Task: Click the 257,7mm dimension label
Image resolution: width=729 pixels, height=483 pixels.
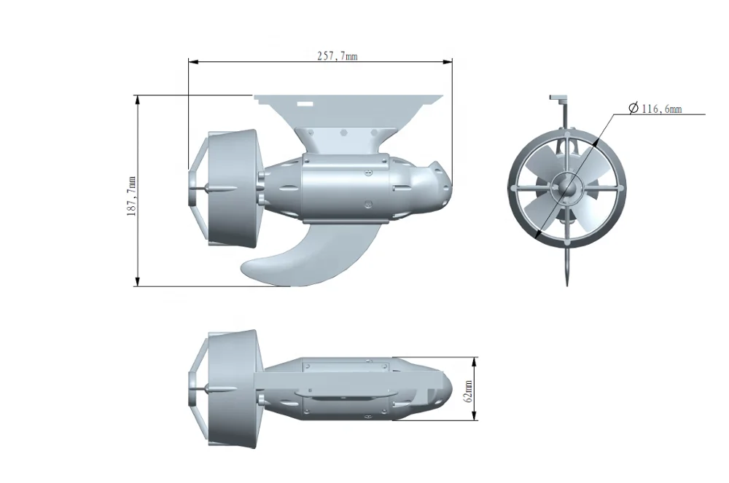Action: (x=337, y=56)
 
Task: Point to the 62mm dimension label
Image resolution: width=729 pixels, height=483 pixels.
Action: (x=469, y=390)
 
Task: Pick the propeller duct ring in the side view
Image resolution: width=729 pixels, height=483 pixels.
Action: (x=234, y=188)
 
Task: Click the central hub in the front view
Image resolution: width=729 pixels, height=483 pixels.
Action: (x=566, y=188)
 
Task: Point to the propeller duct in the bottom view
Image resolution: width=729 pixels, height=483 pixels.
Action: (x=234, y=390)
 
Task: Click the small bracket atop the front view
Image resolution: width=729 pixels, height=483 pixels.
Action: (x=558, y=98)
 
